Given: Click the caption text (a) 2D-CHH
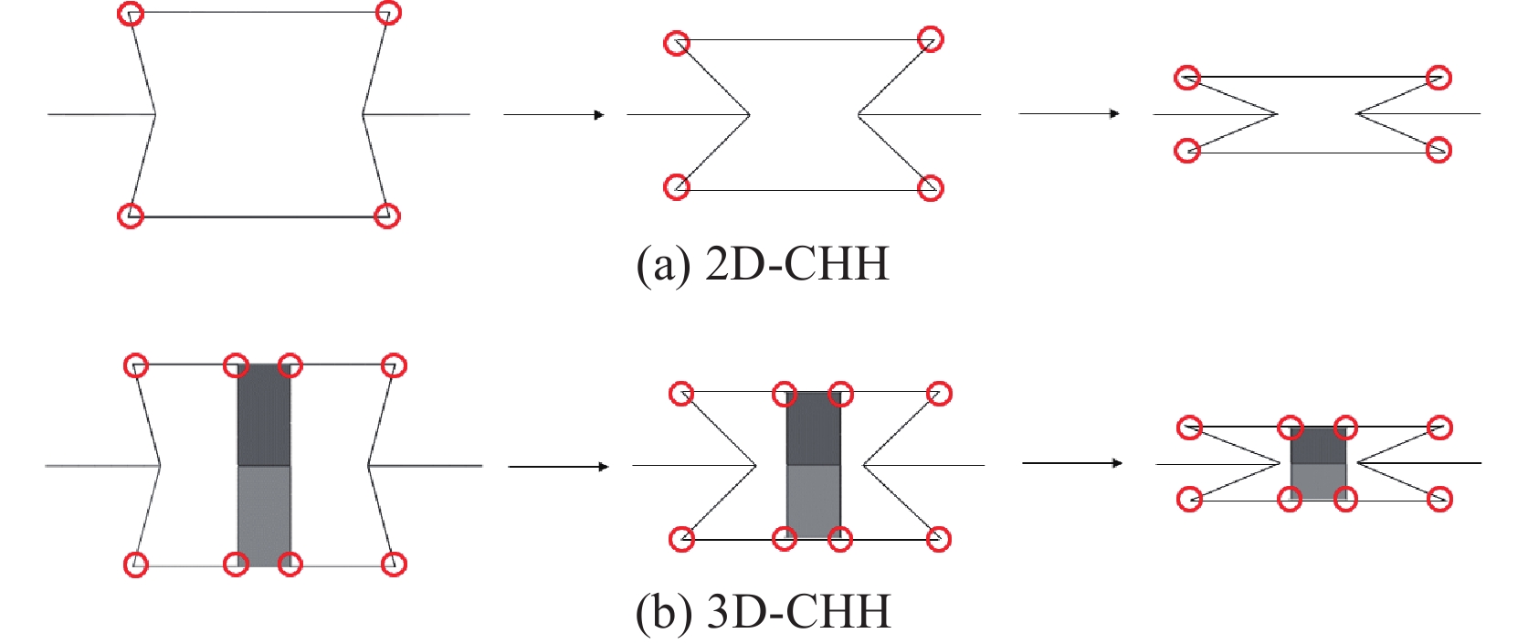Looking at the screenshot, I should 762,264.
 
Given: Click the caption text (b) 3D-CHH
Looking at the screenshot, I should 762,611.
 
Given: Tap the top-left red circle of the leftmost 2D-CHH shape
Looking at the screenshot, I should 132,14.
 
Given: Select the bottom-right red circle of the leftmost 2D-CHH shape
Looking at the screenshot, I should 387,216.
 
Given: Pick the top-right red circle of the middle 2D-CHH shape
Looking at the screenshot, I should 930,39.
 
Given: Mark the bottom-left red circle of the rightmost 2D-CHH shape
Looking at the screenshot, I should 1186,150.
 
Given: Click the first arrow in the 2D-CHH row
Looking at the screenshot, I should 553,115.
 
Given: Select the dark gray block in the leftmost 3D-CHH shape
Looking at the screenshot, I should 264,416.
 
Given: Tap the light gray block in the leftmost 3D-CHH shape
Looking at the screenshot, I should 264,516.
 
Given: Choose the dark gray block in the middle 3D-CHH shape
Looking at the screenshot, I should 813,429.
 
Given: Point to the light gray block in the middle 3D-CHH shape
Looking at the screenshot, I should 813,501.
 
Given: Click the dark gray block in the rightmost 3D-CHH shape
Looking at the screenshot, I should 1318,446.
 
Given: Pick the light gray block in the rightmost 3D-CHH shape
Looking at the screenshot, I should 1318,481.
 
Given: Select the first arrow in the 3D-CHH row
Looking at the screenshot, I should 558,467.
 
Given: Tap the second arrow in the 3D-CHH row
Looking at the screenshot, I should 1071,463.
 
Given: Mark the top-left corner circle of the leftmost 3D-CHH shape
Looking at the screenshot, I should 136,365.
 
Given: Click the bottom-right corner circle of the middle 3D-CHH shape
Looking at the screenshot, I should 938,539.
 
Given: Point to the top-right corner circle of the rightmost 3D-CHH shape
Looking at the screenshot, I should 1439,427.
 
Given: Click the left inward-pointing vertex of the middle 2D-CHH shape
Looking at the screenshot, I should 749,115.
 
